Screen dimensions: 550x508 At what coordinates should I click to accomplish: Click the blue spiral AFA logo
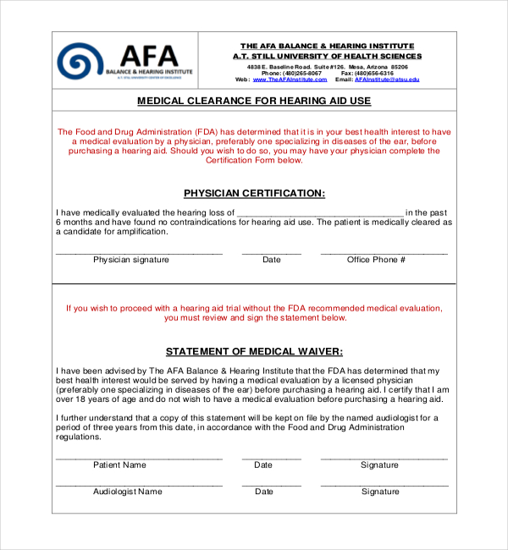pyautogui.click(x=80, y=61)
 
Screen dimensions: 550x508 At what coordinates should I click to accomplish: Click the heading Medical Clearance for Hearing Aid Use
pyautogui.click(x=254, y=101)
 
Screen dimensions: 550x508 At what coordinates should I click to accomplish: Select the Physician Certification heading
pyautogui.click(x=254, y=193)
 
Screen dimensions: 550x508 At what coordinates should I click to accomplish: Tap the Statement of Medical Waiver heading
pyautogui.click(x=254, y=351)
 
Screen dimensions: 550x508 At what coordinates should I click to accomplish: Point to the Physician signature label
pyautogui.click(x=131, y=260)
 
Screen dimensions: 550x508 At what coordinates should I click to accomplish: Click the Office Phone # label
pyautogui.click(x=377, y=260)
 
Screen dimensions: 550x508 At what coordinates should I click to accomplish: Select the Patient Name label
pyautogui.click(x=119, y=465)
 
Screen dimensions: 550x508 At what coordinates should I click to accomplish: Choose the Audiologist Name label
pyautogui.click(x=127, y=492)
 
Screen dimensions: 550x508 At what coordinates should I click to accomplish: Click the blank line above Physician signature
pyautogui.click(x=139, y=252)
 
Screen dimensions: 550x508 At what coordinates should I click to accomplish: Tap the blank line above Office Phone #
pyautogui.click(x=384, y=252)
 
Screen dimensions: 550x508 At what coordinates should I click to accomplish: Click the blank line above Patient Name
pyautogui.click(x=139, y=458)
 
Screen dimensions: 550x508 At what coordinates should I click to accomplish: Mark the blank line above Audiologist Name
pyautogui.click(x=139, y=485)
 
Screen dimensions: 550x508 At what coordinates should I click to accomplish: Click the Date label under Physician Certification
pyautogui.click(x=271, y=260)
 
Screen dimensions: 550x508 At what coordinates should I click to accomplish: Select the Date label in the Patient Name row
pyautogui.click(x=263, y=465)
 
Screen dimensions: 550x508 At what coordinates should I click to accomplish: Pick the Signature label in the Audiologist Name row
pyautogui.click(x=380, y=492)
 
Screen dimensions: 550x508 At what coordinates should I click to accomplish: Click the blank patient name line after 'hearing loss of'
pyautogui.click(x=319, y=214)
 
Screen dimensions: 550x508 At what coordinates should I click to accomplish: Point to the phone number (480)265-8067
pyautogui.click(x=302, y=73)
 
